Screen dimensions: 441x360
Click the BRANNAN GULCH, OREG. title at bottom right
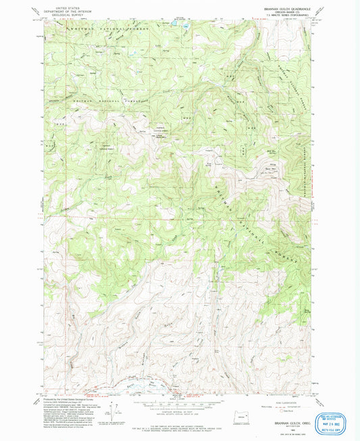288,423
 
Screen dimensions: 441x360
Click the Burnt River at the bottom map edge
135,386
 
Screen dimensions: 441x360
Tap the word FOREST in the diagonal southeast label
287,254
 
